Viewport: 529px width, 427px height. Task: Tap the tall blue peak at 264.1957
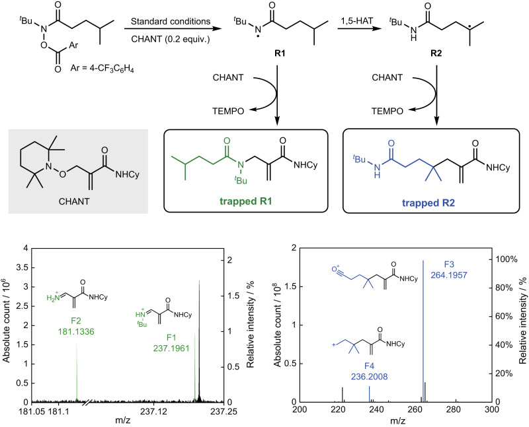(x=423, y=330)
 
